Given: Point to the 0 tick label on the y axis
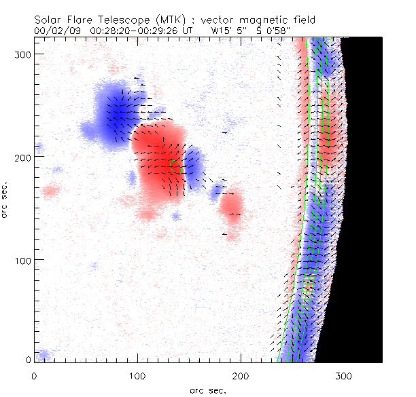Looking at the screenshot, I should (x=27, y=360).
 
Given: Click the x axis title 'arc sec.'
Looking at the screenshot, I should (x=208, y=390).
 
